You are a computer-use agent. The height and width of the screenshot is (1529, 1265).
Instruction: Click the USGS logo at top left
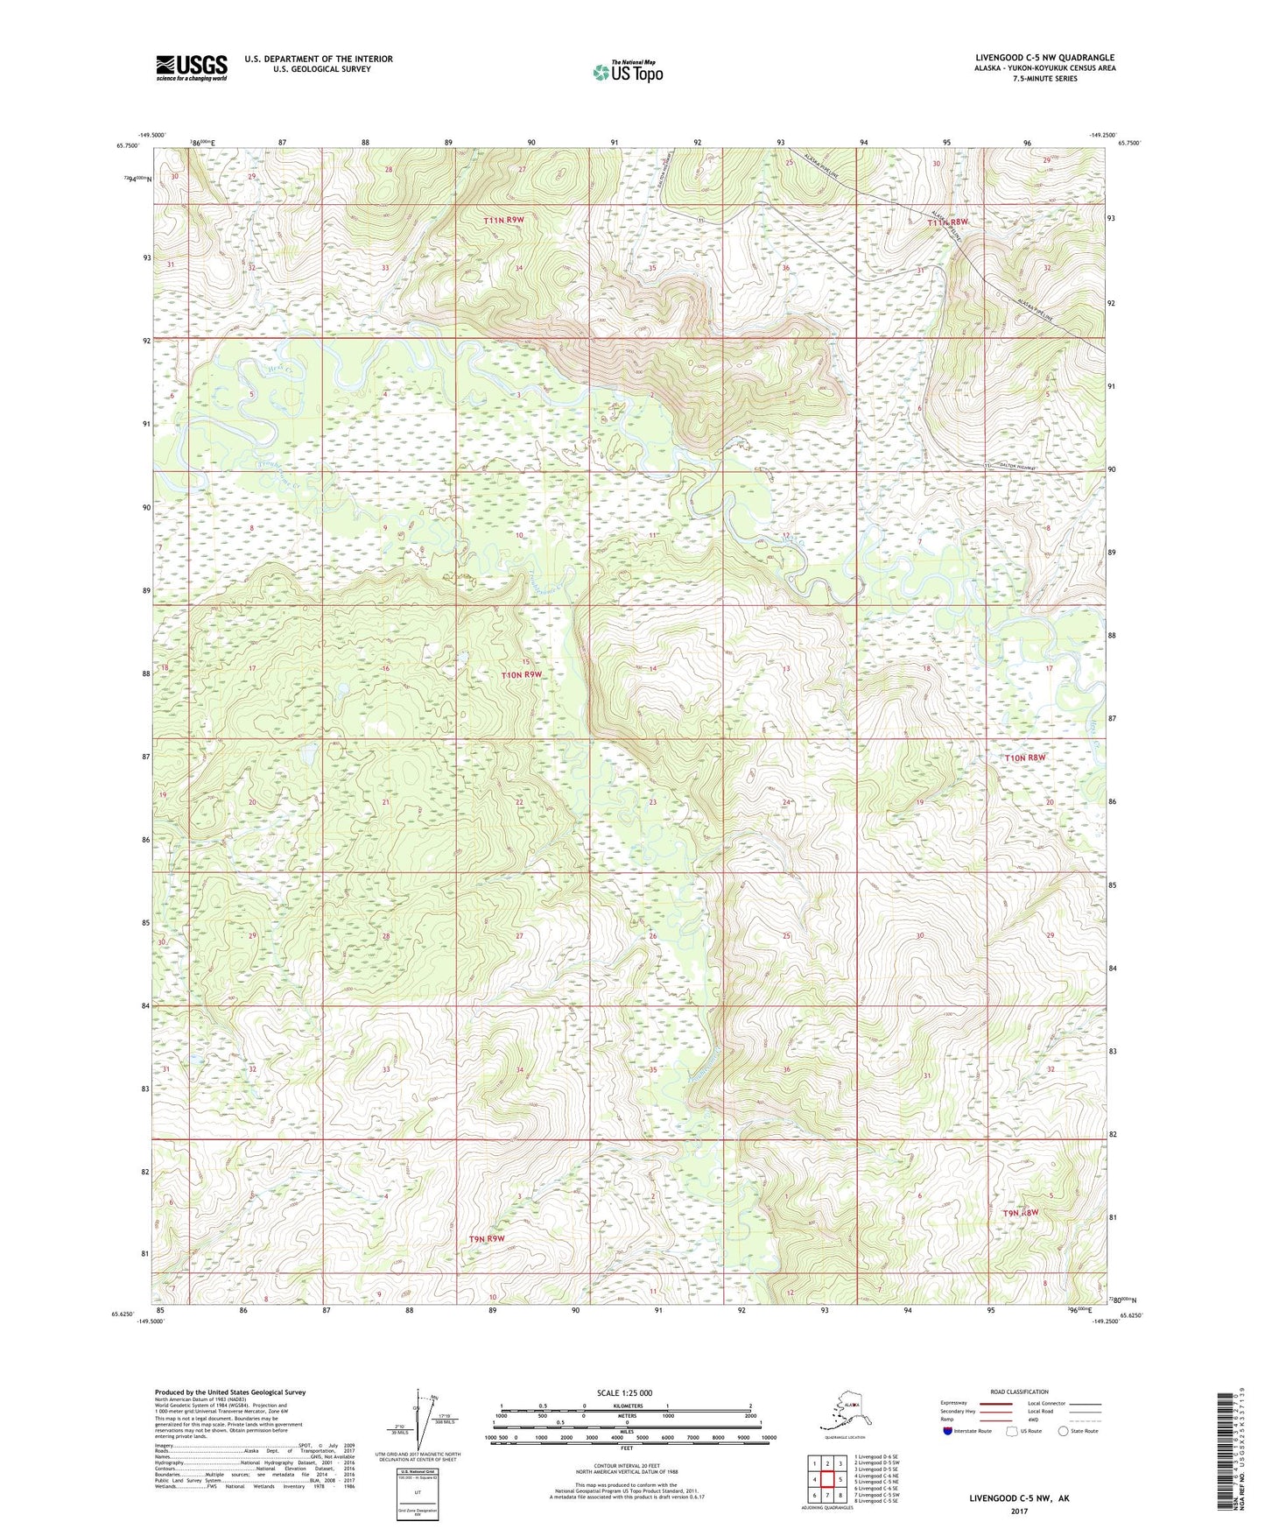pos(192,67)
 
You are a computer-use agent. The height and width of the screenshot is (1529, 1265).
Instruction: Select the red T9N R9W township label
pos(487,1239)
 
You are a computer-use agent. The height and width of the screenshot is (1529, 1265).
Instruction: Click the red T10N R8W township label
pos(1024,757)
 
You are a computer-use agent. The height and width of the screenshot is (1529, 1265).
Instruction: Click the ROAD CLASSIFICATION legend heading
pos(1019,1392)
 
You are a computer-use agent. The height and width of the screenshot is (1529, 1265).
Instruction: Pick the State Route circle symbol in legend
pos(1064,1431)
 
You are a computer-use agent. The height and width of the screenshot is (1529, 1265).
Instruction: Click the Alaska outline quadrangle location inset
pos(844,1413)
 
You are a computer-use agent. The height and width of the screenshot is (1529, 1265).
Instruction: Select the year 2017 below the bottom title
pos(1019,1511)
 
